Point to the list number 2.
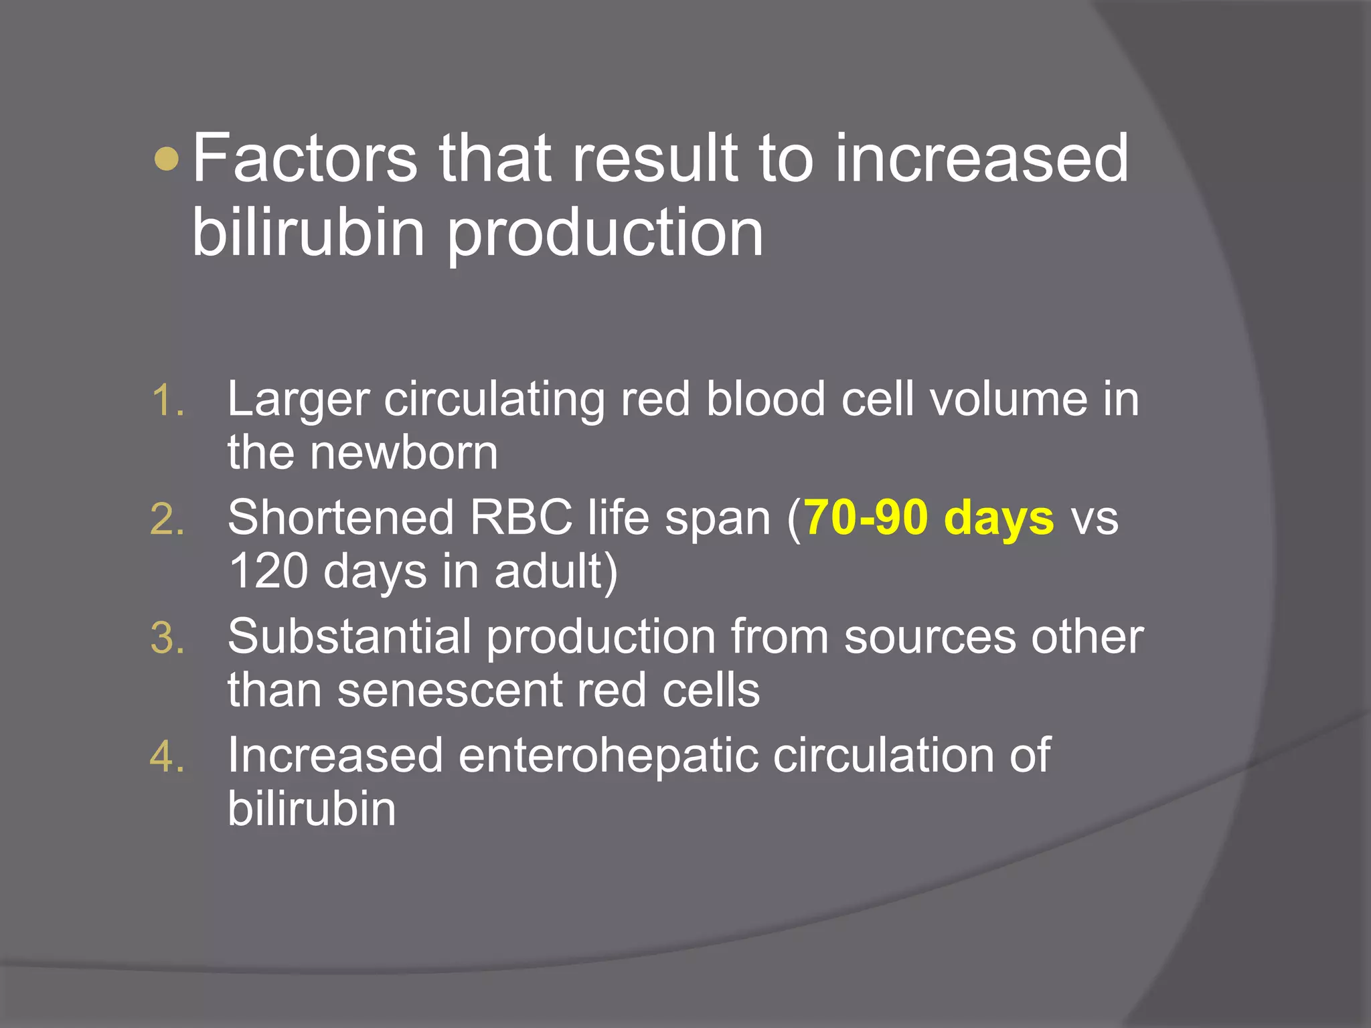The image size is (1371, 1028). tap(167, 520)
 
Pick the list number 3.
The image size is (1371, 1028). tap(167, 638)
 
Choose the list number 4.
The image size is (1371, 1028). tap(167, 758)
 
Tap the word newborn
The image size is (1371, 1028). tap(404, 453)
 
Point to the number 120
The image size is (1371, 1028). tap(268, 572)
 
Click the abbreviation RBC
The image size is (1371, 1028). tap(521, 518)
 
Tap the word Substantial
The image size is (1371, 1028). tap(349, 636)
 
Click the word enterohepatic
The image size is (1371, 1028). tap(608, 756)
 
